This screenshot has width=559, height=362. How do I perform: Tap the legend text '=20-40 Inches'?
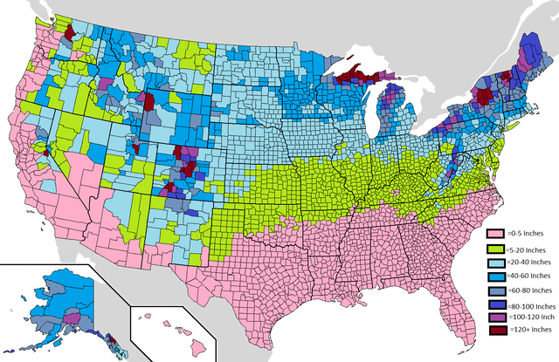point(528,263)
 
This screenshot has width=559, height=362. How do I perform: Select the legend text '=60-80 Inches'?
point(528,292)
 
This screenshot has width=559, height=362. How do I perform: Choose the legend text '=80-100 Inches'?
point(530,307)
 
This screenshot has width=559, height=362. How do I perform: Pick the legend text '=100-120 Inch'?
point(530,321)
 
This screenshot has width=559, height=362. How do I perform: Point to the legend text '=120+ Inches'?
point(528,336)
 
